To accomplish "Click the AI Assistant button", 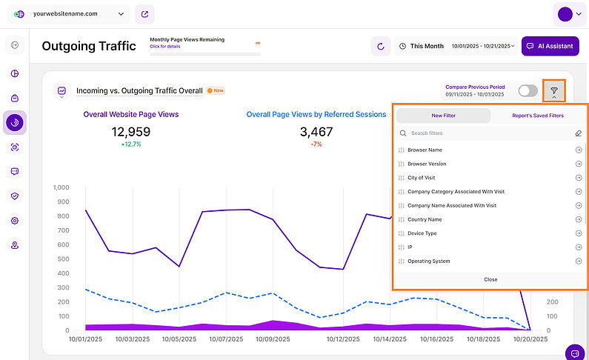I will point(550,46).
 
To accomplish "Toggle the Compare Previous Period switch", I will point(528,90).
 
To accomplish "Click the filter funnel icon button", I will point(553,90).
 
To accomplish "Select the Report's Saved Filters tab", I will point(537,116).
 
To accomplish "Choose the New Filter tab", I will point(443,116).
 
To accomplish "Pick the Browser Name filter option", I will point(425,150).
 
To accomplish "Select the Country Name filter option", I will point(425,219).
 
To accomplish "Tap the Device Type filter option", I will point(422,233).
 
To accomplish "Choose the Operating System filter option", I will point(428,261).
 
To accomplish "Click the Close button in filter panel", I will point(490,279).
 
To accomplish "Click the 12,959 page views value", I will point(131,132).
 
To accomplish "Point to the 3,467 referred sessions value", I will point(316,132).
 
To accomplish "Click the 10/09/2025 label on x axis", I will point(273,339).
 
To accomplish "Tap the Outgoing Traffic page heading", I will point(89,46).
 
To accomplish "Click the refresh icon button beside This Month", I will point(381,46).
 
